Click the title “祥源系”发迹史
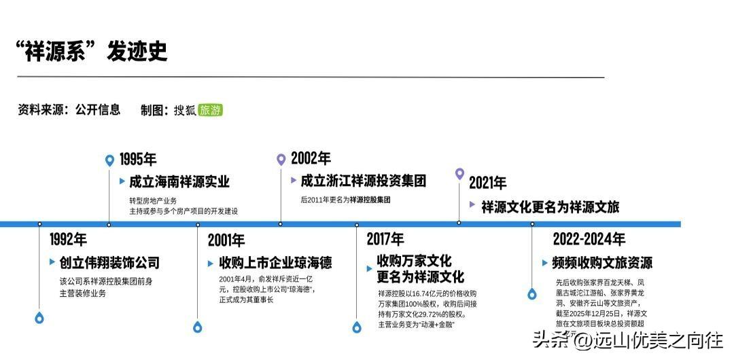click(91, 52)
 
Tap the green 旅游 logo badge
click(211, 110)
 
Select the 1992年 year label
click(68, 239)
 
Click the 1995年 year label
click(138, 160)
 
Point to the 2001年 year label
click(226, 240)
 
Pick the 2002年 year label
click(311, 159)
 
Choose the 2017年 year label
click(385, 239)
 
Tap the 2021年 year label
click(487, 183)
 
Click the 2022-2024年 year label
click(589, 239)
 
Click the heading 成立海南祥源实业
click(179, 182)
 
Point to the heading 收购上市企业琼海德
click(275, 263)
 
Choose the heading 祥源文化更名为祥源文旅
click(550, 206)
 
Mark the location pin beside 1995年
click(109, 160)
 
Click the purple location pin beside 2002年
click(281, 160)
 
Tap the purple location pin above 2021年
click(459, 174)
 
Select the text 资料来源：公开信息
click(69, 110)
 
